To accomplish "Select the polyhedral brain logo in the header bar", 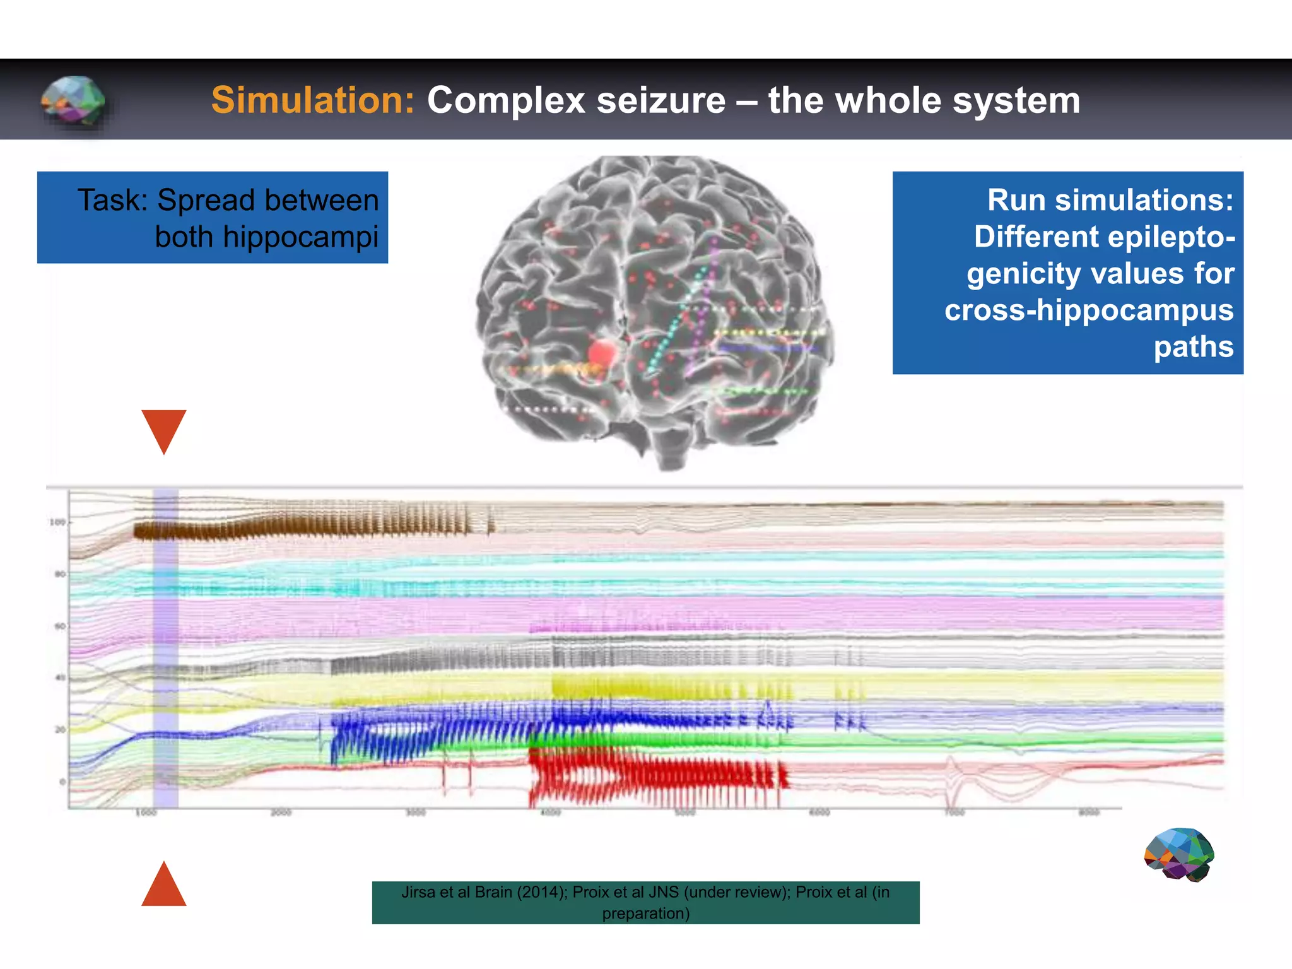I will pyautogui.click(x=73, y=100).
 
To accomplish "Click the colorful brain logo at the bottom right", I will pyautogui.click(x=1178, y=855).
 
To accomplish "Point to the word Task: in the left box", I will pyautogui.click(x=112, y=201).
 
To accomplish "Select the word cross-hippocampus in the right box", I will pyautogui.click(x=1089, y=310).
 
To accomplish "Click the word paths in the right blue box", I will pyautogui.click(x=1193, y=347).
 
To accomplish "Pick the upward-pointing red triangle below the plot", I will pyautogui.click(x=164, y=886).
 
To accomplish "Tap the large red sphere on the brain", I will pyautogui.click(x=602, y=352).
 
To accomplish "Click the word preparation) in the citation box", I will pyautogui.click(x=645, y=913).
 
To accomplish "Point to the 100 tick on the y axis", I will pyautogui.click(x=57, y=522).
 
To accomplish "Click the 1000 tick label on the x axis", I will pyautogui.click(x=146, y=813).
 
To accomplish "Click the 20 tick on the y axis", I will pyautogui.click(x=59, y=730).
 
